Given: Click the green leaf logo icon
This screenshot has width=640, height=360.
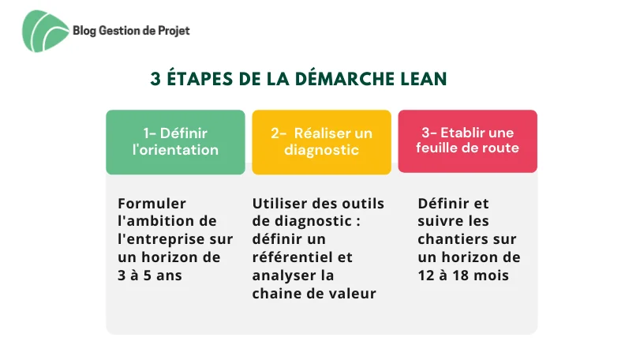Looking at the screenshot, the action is click(45, 32).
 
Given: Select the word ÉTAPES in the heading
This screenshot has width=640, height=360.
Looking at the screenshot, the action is click(200, 78).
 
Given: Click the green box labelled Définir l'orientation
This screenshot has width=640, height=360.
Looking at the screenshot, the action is click(175, 141).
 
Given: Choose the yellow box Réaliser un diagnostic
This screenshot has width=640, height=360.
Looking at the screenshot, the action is click(322, 141).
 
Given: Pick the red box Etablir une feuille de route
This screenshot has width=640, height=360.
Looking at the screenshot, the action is click(468, 141).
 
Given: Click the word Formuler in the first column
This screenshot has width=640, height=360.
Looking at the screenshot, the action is click(152, 203).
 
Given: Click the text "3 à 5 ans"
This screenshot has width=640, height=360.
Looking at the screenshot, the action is click(150, 276).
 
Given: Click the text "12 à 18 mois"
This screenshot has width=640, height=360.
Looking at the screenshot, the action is click(463, 276).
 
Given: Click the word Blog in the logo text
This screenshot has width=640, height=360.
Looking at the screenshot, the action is click(84, 31).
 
